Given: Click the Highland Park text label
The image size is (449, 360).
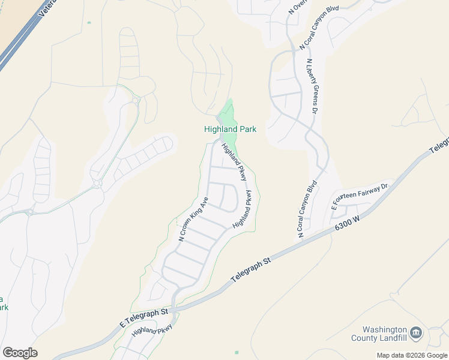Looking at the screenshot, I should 230,129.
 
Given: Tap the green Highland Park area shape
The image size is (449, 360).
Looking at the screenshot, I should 227,114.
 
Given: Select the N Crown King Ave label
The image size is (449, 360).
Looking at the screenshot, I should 193,219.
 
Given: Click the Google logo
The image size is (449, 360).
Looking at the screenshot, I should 20,353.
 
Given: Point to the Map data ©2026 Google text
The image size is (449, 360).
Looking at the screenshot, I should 412,355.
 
